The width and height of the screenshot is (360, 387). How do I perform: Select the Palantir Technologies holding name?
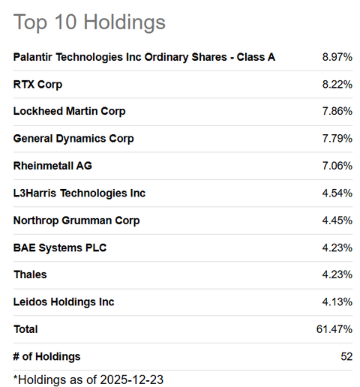(144, 57)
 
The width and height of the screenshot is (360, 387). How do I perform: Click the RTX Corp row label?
(38, 84)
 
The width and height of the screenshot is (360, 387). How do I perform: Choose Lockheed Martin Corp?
(69, 111)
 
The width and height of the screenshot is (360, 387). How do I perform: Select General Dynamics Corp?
(73, 139)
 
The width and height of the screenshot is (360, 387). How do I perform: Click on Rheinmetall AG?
(52, 166)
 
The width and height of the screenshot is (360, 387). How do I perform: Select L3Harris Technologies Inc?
(79, 193)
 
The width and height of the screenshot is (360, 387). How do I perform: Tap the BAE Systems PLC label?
(60, 247)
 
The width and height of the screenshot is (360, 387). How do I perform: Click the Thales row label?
(30, 274)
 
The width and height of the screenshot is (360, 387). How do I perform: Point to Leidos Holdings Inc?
(64, 301)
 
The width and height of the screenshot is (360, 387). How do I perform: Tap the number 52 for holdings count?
(346, 356)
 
